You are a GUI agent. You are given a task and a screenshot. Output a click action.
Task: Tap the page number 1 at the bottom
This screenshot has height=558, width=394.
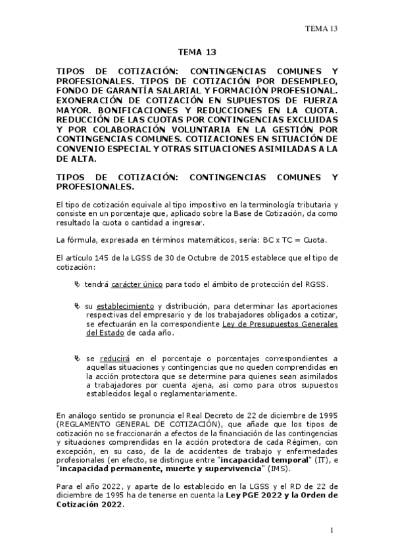333,530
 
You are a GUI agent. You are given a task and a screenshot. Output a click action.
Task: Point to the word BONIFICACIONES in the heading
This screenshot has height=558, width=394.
132,112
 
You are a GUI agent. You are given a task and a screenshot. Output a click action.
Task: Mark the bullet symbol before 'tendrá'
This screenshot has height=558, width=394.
78,284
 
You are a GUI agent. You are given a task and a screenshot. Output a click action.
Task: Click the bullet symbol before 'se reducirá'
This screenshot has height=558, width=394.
78,357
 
